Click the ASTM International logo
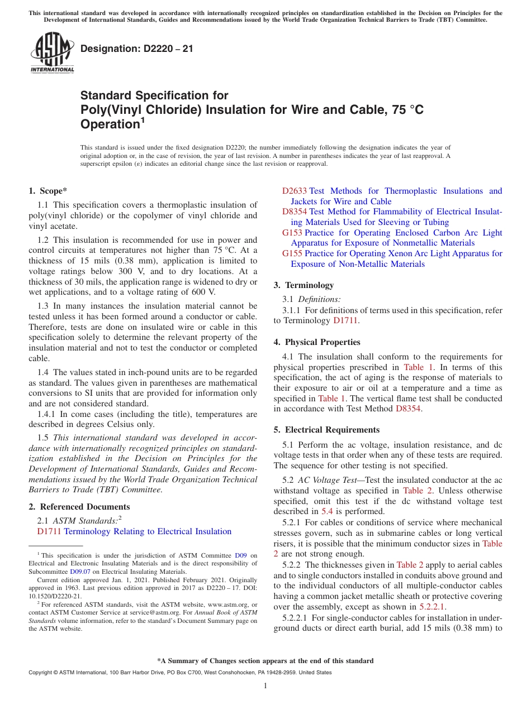coord(52,53)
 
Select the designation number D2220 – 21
coord(137,49)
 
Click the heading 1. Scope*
coord(48,191)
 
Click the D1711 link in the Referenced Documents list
coord(50,531)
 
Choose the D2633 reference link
coord(294,191)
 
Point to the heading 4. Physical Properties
coord(317,342)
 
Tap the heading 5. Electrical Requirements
coord(326,430)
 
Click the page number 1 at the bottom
coord(265,685)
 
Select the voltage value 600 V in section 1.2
coord(205,292)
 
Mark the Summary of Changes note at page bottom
coord(265,661)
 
